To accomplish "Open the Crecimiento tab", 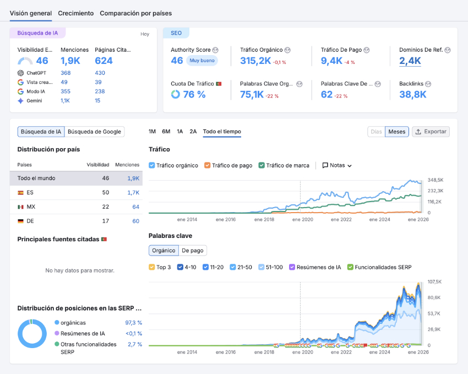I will (75, 13).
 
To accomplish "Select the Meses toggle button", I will (396, 132).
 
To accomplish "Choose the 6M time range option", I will (166, 132).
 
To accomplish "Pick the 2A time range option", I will (193, 132).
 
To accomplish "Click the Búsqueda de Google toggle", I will (94, 132).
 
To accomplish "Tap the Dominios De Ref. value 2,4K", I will (410, 61).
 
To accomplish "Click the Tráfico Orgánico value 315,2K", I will (255, 61).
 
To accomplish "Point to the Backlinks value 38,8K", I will (413, 94).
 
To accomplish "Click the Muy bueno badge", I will (202, 61).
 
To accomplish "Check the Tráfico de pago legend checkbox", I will (208, 165).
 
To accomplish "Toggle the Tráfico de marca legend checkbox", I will (262, 165).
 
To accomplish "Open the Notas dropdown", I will (337, 165).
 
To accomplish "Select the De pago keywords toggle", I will (193, 251).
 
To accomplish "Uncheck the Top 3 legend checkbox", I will (152, 267).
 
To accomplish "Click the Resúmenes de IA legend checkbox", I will (292, 267).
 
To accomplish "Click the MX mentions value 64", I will (135, 207).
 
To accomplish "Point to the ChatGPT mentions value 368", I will (66, 73).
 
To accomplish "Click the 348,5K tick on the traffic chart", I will (436, 180).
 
